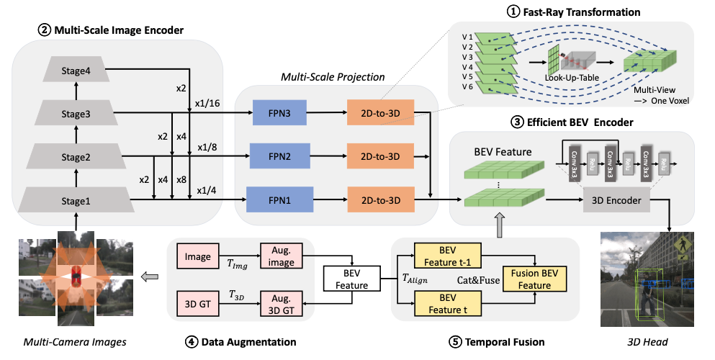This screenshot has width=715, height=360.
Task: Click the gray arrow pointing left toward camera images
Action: point(150,276)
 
